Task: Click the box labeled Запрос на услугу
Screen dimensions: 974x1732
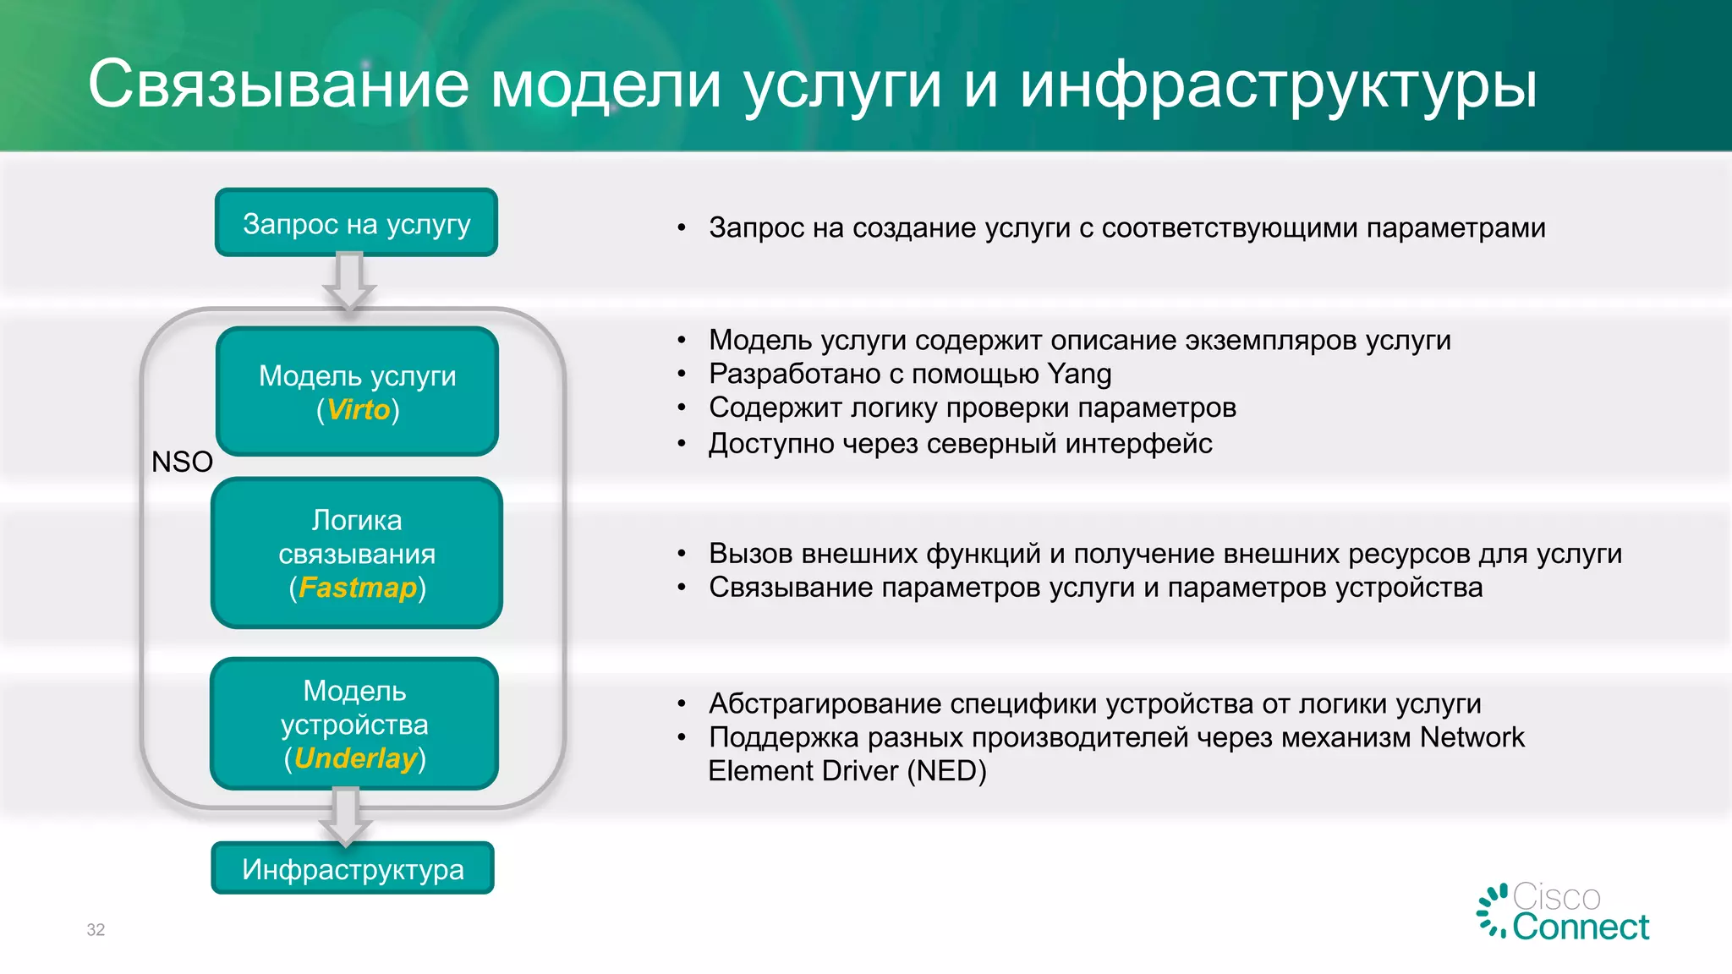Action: point(356,223)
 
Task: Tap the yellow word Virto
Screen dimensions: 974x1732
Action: point(358,410)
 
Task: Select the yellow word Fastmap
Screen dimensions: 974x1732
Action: point(358,588)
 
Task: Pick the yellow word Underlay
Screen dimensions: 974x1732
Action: point(355,758)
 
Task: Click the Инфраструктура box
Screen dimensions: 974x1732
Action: point(353,869)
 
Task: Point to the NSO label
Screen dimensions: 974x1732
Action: point(182,462)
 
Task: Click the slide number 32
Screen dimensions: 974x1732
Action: point(96,930)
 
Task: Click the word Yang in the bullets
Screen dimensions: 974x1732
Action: point(1079,374)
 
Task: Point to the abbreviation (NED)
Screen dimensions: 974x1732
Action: point(946,771)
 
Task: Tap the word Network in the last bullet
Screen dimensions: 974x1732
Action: point(1472,737)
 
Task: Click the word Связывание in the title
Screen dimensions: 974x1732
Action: point(278,85)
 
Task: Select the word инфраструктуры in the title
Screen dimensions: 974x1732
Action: point(1278,85)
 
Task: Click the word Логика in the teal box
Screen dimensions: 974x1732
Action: point(357,520)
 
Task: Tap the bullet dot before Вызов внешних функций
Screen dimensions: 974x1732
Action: point(682,554)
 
